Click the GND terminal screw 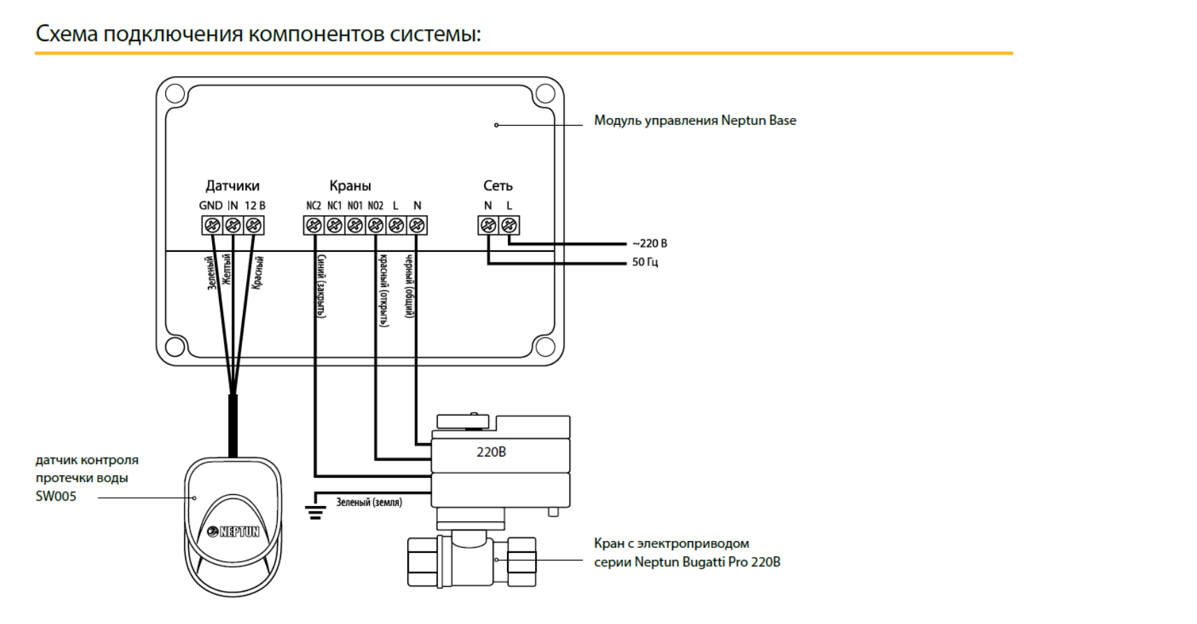point(212,225)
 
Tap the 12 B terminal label point(255,206)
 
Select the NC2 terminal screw point(314,225)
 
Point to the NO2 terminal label point(375,206)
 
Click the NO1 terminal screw point(355,225)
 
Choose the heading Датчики point(232,186)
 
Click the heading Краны point(350,186)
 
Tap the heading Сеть point(498,186)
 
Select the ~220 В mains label point(649,244)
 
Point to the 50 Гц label point(645,262)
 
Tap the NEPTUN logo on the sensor point(234,532)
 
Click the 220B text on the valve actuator point(491,452)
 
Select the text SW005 point(56,496)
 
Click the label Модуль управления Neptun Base point(695,121)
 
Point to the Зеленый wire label point(211,274)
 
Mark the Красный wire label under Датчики point(258,272)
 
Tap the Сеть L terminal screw point(509,225)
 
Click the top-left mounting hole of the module point(175,94)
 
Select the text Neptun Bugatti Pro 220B point(707,562)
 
